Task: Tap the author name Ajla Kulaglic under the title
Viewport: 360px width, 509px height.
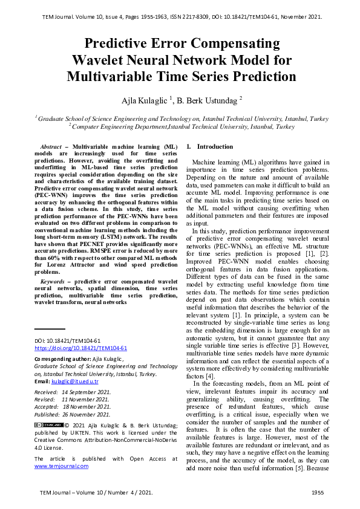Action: click(141, 99)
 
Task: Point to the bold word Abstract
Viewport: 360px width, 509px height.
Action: click(53, 147)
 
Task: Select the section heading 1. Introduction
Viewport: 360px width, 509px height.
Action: click(209, 147)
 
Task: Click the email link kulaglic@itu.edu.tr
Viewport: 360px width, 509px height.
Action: click(75, 382)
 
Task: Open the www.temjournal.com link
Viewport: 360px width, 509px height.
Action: click(61, 466)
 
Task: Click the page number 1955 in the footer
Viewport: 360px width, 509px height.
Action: click(318, 493)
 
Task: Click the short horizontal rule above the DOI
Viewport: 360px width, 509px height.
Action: click(49, 329)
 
